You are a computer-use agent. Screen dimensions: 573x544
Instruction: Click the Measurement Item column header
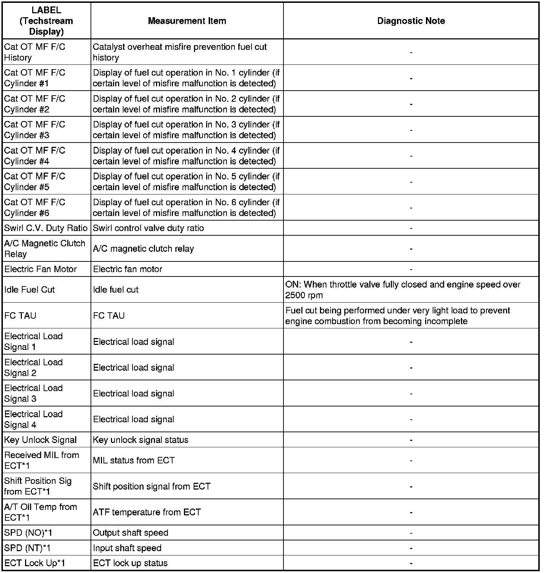click(x=187, y=21)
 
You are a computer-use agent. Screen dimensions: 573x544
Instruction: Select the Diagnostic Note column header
click(x=411, y=21)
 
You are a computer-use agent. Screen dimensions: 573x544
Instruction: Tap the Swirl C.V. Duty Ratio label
click(x=46, y=228)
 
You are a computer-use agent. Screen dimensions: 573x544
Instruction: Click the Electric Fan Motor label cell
click(x=40, y=269)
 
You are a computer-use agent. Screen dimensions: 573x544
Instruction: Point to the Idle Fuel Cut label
click(x=30, y=289)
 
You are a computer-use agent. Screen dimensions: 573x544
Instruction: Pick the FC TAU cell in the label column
click(x=20, y=316)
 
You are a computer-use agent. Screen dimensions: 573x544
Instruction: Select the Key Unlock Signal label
click(x=40, y=440)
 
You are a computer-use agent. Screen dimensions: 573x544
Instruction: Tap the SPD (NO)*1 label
click(x=28, y=533)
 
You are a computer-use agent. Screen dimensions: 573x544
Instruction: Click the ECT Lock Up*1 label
click(x=35, y=563)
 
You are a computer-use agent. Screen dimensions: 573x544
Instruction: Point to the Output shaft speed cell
click(x=131, y=533)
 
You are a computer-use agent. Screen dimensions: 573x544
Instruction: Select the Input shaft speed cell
click(x=127, y=548)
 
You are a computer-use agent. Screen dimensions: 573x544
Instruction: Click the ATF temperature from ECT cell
click(x=147, y=512)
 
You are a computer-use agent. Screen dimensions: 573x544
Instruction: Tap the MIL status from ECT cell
click(x=134, y=460)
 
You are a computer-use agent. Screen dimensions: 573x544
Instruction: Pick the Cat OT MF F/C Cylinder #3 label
click(x=35, y=130)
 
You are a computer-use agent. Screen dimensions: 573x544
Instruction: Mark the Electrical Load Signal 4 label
click(x=34, y=419)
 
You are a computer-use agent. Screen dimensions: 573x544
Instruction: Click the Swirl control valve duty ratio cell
click(x=149, y=228)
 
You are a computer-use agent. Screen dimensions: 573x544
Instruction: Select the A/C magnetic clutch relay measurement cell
click(x=144, y=249)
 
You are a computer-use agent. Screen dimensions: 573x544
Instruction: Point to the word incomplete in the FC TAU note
click(x=446, y=321)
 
